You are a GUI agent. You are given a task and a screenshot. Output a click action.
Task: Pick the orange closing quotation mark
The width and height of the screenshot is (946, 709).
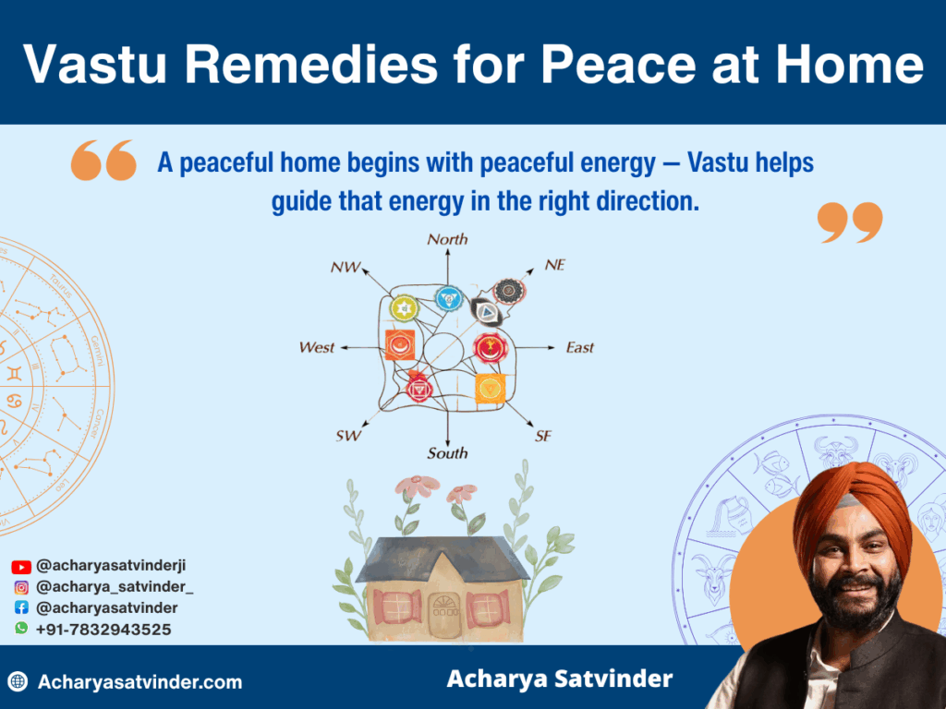click(850, 222)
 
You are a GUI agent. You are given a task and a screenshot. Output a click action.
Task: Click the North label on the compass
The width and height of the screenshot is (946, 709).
click(447, 239)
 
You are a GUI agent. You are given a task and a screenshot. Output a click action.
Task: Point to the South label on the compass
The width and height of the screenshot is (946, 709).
click(447, 453)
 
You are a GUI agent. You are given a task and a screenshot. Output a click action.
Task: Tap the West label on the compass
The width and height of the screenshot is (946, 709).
click(317, 348)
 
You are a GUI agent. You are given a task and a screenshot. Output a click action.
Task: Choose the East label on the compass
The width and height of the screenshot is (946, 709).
click(579, 348)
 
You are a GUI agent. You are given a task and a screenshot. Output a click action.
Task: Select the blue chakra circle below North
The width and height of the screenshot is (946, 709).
click(448, 298)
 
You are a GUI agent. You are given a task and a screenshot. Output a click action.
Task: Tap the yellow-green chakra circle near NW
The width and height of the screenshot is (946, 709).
click(405, 306)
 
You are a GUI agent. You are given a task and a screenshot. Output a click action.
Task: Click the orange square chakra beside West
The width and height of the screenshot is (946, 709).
click(399, 344)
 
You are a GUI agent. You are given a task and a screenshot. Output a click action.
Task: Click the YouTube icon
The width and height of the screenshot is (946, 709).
click(21, 567)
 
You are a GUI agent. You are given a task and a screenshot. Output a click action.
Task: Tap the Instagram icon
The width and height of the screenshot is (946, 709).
click(21, 587)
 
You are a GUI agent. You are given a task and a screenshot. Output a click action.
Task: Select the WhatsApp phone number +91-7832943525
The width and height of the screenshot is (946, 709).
click(103, 629)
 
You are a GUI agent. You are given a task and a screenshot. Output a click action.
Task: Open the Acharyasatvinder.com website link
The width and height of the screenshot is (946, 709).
click(139, 682)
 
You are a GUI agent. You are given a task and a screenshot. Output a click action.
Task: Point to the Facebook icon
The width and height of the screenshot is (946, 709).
click(21, 608)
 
